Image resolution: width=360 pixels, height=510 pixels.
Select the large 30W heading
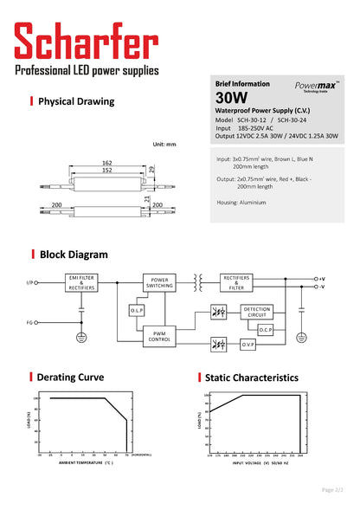(x=232, y=98)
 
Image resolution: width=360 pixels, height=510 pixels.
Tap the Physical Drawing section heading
(x=76, y=101)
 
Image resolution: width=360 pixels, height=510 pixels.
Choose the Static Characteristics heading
(x=251, y=378)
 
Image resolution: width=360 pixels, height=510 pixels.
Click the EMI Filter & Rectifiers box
(x=81, y=281)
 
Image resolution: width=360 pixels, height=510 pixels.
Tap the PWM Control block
(x=159, y=338)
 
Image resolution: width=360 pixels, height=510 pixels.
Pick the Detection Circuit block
(x=256, y=312)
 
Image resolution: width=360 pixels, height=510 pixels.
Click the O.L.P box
(x=137, y=310)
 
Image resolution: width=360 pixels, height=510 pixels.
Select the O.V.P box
(x=247, y=344)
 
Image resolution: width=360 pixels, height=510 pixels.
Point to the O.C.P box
(x=265, y=330)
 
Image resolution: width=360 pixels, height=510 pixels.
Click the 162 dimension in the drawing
(x=106, y=162)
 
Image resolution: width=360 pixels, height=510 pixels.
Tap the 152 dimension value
(x=106, y=171)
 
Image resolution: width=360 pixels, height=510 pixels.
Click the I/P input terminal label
(x=30, y=282)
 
